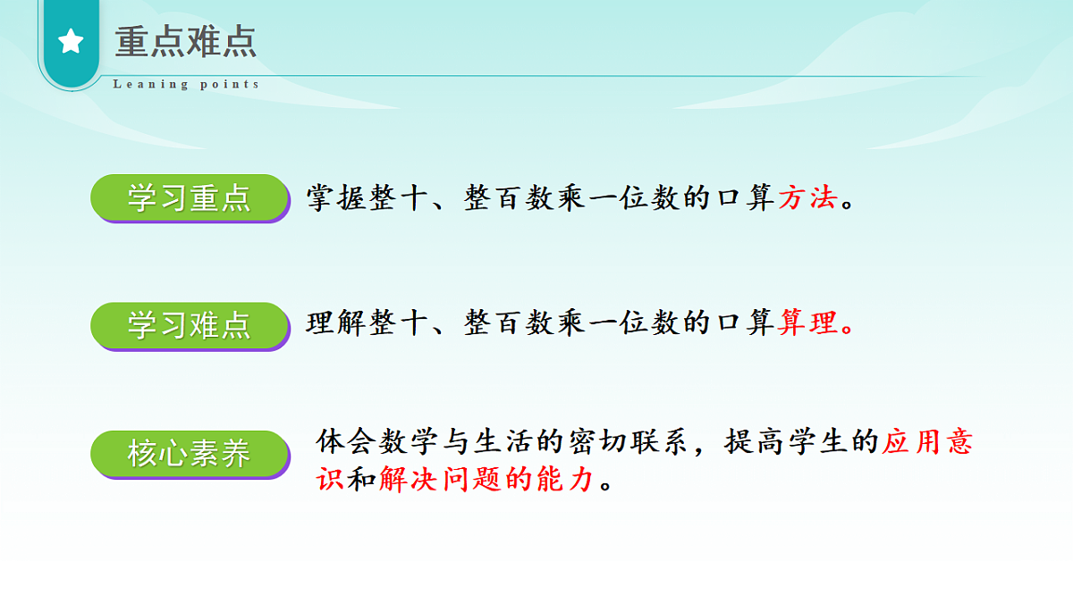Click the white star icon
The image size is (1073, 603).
tap(71, 41)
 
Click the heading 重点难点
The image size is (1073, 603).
tap(186, 42)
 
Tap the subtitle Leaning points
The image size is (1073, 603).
tap(186, 85)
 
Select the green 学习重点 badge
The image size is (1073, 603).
tap(190, 198)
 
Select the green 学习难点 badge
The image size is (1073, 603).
tap(190, 325)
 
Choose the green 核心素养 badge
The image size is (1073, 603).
tap(190, 455)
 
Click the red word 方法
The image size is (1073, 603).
tap(807, 197)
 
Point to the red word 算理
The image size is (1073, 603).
tap(807, 322)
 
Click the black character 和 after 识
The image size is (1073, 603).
tap(362, 480)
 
